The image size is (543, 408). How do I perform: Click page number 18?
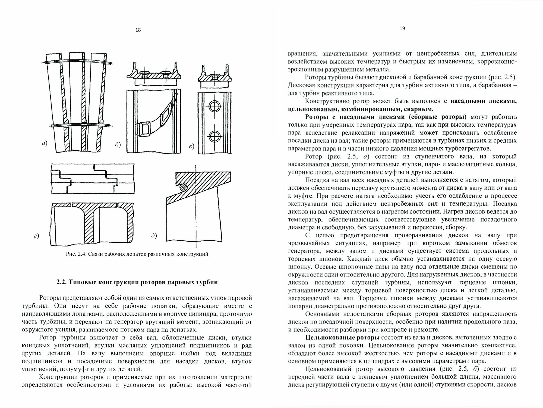[x=138, y=30]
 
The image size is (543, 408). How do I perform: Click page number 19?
[x=402, y=29]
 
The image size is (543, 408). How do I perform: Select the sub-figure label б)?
[x=118, y=145]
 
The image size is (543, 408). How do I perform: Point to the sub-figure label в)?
[x=192, y=147]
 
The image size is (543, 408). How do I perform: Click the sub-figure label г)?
[x=36, y=236]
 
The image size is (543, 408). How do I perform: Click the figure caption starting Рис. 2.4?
[x=137, y=254]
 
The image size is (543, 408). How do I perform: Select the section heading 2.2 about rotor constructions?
[x=137, y=282]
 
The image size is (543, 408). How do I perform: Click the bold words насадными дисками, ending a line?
[x=484, y=101]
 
